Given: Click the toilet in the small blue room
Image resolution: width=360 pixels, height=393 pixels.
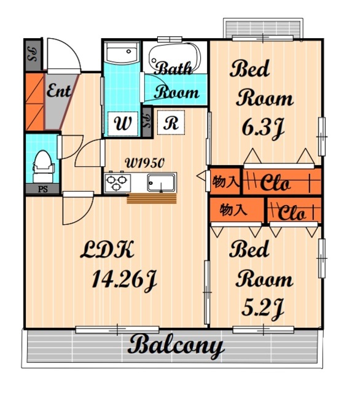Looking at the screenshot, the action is point(43,166).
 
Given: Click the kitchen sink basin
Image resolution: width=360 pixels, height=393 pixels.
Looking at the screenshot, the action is point(161,183).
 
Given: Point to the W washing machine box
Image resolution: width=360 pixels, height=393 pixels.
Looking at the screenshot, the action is point(123,124).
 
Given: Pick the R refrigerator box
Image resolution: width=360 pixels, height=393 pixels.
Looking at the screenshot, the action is point(171,123).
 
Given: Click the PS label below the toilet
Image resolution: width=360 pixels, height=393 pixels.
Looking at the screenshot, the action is point(43,189).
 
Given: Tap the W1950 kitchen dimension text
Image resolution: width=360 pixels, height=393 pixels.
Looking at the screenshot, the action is point(144,163).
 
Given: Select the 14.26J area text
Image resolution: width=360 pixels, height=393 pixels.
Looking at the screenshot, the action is point(124,279).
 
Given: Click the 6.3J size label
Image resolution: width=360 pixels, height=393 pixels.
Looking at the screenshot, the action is point(263,128).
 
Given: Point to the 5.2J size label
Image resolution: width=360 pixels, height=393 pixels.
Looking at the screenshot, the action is point(262,308).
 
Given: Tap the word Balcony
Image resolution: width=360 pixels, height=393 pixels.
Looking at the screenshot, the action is point(176,346).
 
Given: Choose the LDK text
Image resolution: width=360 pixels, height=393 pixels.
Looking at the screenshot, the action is point(107,249).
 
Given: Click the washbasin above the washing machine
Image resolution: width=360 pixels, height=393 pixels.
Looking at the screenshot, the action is point(122,53).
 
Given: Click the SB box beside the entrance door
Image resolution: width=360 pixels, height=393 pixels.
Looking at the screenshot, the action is point(33,55).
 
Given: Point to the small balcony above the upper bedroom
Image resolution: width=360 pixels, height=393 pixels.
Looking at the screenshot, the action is point(263,28).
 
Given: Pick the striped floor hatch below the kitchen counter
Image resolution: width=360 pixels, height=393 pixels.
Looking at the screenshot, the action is point(152,198).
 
